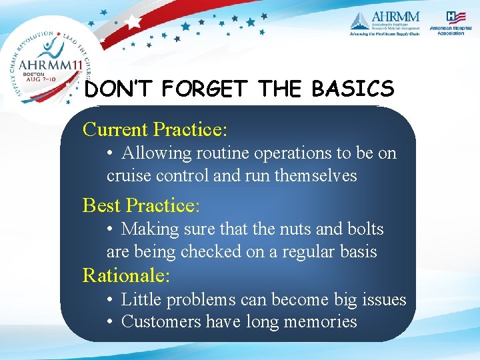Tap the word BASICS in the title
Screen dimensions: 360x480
pos(353,89)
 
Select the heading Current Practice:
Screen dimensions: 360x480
pos(155,129)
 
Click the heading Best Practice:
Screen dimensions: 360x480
pos(141,205)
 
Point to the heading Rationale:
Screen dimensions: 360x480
pos(127,275)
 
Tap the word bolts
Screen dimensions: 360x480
pos(365,229)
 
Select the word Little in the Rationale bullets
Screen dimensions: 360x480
pos(141,300)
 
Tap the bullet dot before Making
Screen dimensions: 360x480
pos(110,229)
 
